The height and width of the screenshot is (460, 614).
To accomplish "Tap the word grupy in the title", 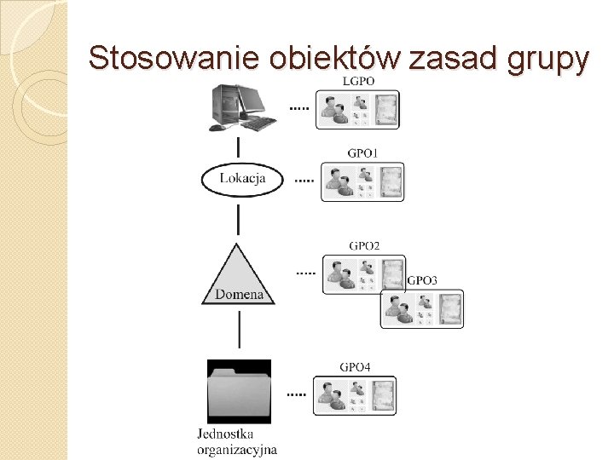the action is (x=547, y=60).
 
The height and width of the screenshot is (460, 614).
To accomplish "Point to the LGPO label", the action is (x=357, y=81).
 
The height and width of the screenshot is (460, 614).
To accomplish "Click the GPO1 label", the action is (x=362, y=153).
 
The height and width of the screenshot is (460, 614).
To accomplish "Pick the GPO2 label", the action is (x=364, y=246).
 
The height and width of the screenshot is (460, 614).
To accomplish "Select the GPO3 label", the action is (x=422, y=280).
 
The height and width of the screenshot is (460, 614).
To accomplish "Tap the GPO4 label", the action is (x=355, y=367).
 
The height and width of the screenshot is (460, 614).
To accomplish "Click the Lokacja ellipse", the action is (x=242, y=179).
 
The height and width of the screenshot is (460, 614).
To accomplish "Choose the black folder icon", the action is (x=239, y=391).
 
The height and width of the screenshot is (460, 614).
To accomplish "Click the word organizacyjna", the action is (x=237, y=450).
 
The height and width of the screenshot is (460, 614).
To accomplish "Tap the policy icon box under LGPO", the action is (x=357, y=109).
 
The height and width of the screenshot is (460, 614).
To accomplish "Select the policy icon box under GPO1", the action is (x=362, y=181).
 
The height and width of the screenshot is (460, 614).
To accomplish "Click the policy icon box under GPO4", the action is (x=356, y=394).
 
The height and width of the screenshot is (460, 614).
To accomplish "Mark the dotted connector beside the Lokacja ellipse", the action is (x=304, y=181).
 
